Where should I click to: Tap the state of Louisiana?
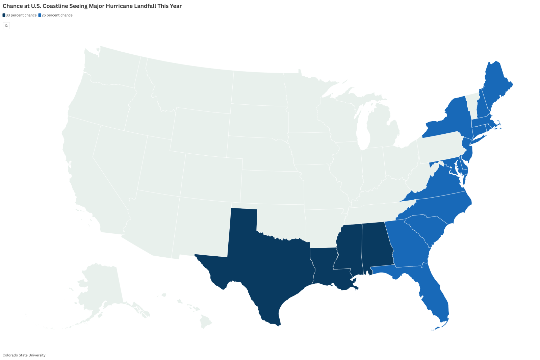(324, 267)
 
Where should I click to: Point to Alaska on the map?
(101, 287)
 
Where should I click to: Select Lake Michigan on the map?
(363, 132)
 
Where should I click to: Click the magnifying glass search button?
(6, 26)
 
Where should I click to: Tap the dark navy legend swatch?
(4, 15)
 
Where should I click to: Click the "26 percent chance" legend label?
(57, 15)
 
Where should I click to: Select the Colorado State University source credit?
(24, 355)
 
